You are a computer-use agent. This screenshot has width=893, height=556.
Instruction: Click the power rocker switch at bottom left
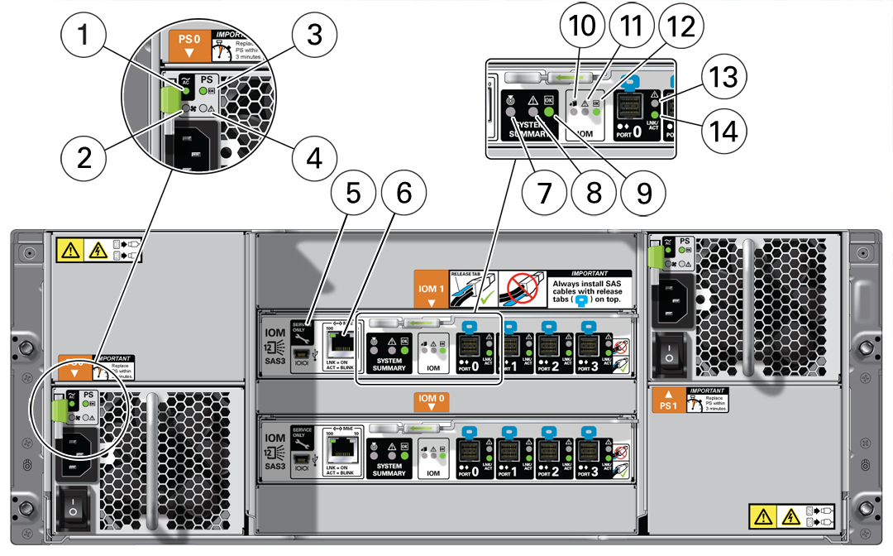[x=73, y=510]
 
